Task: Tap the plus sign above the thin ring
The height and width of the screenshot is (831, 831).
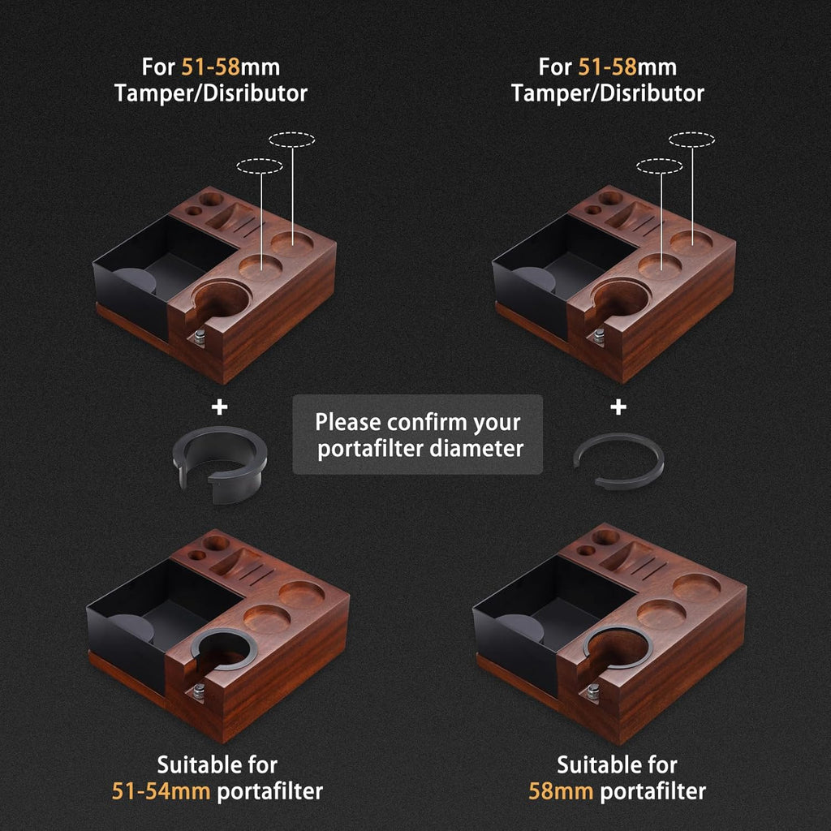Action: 618,407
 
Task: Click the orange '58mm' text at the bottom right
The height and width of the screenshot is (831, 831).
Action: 560,791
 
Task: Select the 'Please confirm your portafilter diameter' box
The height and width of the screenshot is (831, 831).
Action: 417,434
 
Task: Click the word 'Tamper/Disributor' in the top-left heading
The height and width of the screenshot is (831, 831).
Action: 211,93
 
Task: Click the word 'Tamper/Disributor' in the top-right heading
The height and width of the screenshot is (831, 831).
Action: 608,93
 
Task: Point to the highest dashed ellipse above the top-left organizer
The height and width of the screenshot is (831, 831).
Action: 291,140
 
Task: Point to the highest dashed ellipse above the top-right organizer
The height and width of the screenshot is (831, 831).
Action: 691,140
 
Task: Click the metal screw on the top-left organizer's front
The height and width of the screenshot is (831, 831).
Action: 198,335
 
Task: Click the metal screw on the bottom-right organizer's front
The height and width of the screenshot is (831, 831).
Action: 593,691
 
